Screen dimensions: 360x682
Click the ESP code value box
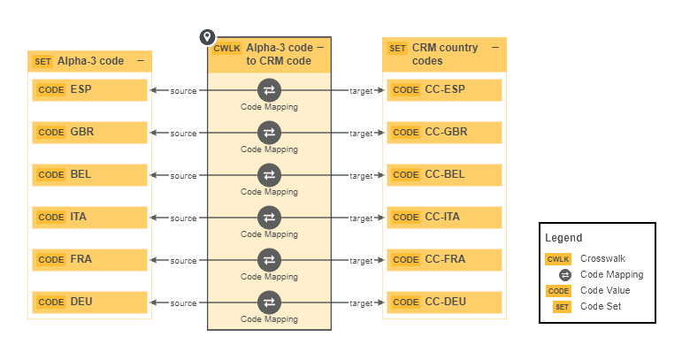click(x=89, y=90)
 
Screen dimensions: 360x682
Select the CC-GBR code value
click(x=444, y=133)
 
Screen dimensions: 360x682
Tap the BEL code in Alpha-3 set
click(x=89, y=175)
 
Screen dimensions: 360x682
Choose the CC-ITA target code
click(x=444, y=218)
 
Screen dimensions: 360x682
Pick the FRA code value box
click(x=89, y=260)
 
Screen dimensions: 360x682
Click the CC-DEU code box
click(x=444, y=303)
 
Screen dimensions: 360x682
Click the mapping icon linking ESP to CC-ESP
click(x=269, y=89)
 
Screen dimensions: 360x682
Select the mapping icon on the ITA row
click(x=269, y=217)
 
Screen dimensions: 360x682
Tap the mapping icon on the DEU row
click(x=269, y=302)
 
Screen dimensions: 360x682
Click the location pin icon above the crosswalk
click(x=207, y=37)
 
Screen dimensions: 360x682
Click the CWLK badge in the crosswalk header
click(x=226, y=49)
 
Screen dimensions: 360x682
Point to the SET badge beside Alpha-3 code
click(x=42, y=62)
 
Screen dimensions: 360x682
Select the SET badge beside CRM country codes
click(x=398, y=49)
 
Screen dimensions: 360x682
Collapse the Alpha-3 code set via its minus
click(x=140, y=61)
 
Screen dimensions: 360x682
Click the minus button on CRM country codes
click(x=494, y=48)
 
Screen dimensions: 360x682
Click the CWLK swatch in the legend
click(x=558, y=259)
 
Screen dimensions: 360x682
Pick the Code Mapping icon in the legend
click(x=564, y=275)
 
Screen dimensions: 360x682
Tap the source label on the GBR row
click(x=183, y=134)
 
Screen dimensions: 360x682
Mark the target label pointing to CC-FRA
click(x=361, y=261)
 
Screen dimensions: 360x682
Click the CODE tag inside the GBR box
click(x=51, y=133)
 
